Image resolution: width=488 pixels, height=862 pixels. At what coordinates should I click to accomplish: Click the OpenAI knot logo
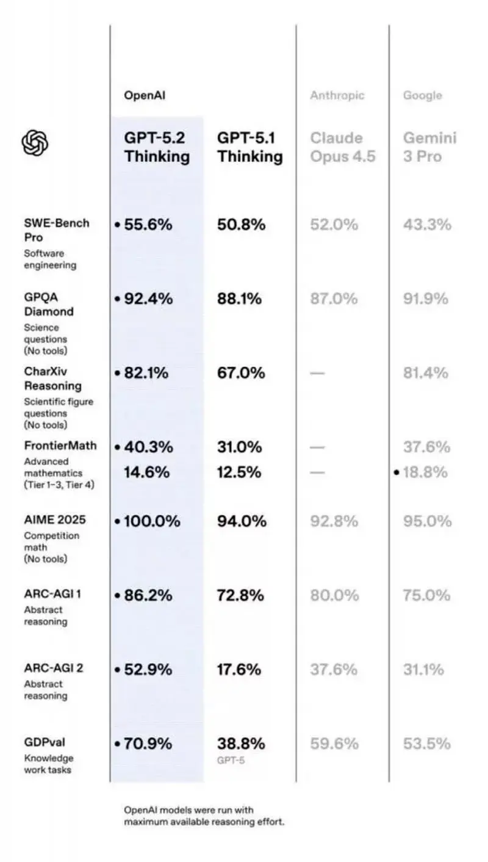[x=35, y=144]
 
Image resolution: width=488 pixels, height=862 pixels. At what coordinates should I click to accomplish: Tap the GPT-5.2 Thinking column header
[x=157, y=147]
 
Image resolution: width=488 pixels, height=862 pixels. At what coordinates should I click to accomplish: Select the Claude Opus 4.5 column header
[x=342, y=147]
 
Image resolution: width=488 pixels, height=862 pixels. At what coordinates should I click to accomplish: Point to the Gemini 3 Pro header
[x=429, y=147]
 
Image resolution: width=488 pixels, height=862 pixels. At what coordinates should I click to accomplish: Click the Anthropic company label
[x=337, y=95]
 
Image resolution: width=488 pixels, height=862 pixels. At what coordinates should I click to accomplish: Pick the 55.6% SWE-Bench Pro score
[x=148, y=225]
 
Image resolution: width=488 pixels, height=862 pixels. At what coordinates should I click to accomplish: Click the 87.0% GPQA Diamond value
[x=334, y=299]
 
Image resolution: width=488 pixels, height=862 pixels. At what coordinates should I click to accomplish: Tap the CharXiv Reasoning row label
[x=52, y=378]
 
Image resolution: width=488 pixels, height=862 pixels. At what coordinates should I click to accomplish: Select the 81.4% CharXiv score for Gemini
[x=426, y=372]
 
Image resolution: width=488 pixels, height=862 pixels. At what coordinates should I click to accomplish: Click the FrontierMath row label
[x=60, y=446]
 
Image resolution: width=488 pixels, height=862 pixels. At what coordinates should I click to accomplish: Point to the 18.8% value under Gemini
[x=426, y=472]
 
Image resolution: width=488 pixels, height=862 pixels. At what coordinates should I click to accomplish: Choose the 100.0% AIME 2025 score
[x=152, y=521]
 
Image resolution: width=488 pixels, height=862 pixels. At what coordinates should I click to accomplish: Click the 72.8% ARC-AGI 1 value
[x=241, y=595]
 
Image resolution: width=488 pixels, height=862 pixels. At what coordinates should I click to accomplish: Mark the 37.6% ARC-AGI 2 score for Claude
[x=334, y=670]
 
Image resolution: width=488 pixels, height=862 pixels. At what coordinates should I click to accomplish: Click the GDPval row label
[x=45, y=742]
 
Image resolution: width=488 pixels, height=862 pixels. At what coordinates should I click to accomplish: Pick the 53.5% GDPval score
[x=427, y=744]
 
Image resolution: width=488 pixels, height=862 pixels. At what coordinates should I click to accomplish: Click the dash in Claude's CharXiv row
[x=317, y=373]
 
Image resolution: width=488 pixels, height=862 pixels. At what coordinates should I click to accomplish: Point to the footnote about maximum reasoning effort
[x=204, y=816]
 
